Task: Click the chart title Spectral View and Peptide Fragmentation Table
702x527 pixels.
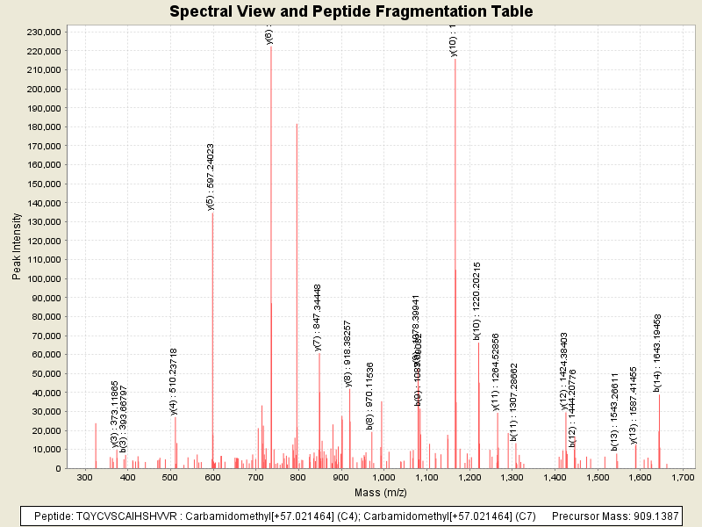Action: coord(351,11)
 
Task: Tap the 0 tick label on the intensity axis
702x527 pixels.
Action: coord(57,468)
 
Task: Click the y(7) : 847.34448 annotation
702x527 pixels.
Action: coord(318,318)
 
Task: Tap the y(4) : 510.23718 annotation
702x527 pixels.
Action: coord(174,380)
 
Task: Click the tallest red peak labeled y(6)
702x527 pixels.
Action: coord(271,255)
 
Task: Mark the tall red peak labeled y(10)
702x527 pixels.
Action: coord(455,263)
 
